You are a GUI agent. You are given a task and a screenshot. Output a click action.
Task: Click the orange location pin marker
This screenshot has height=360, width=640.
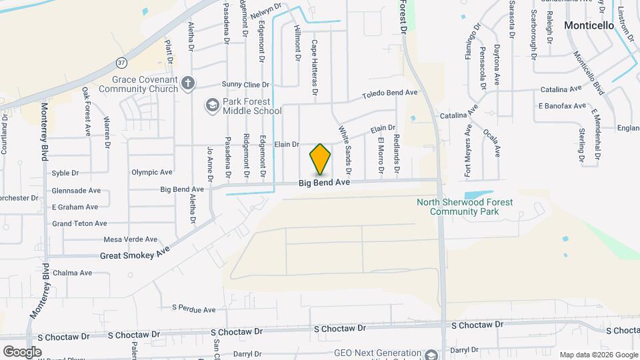pos(320,159)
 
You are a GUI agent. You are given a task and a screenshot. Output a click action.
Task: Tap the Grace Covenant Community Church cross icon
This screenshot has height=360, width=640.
pos(189,83)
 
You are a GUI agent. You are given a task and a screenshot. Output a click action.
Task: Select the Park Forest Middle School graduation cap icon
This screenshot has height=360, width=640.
pos(211,105)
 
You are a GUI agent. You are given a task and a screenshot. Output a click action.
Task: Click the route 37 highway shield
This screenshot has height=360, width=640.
pos(121,63)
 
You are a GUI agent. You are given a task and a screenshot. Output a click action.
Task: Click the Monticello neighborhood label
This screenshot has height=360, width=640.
pos(589,25)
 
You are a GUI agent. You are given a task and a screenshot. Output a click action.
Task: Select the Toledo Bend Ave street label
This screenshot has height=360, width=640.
pos(389,95)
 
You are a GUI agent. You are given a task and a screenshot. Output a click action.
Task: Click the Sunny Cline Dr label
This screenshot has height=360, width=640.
pos(245,85)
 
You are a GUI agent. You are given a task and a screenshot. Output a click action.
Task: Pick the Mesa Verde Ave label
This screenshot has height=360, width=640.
pos(131,239)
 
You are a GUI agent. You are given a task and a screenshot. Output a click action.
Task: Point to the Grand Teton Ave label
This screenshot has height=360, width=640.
pos(79,223)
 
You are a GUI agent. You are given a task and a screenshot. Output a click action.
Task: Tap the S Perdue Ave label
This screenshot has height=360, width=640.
pos(193,309)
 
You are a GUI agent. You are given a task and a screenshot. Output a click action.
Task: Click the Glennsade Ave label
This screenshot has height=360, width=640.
pos(76,190)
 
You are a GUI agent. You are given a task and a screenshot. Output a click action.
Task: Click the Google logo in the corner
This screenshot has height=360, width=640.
pos(22,351)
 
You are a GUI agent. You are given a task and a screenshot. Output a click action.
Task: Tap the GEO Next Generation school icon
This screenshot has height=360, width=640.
pos(431,355)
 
